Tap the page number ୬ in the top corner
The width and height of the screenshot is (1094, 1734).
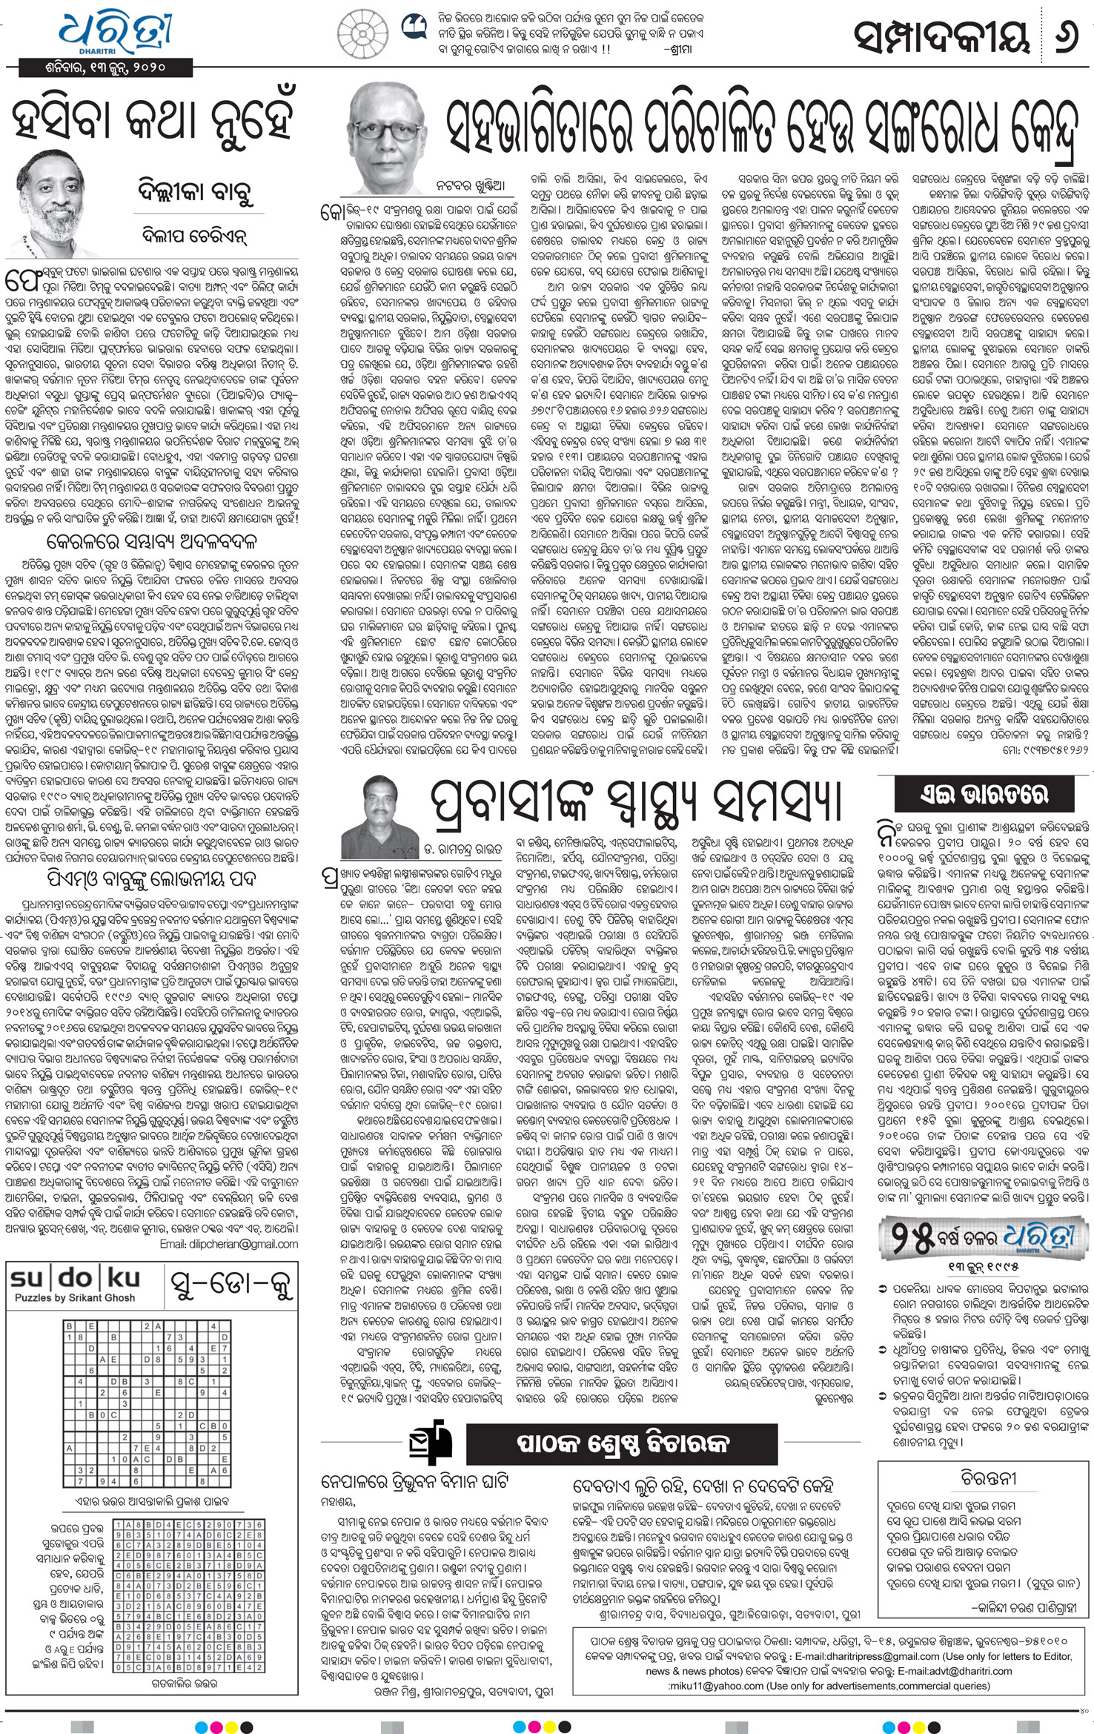pyautogui.click(x=1067, y=35)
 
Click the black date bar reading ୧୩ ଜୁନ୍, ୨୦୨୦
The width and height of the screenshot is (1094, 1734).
pyautogui.click(x=104, y=67)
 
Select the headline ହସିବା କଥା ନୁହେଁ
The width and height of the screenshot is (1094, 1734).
pyautogui.click(x=156, y=119)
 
